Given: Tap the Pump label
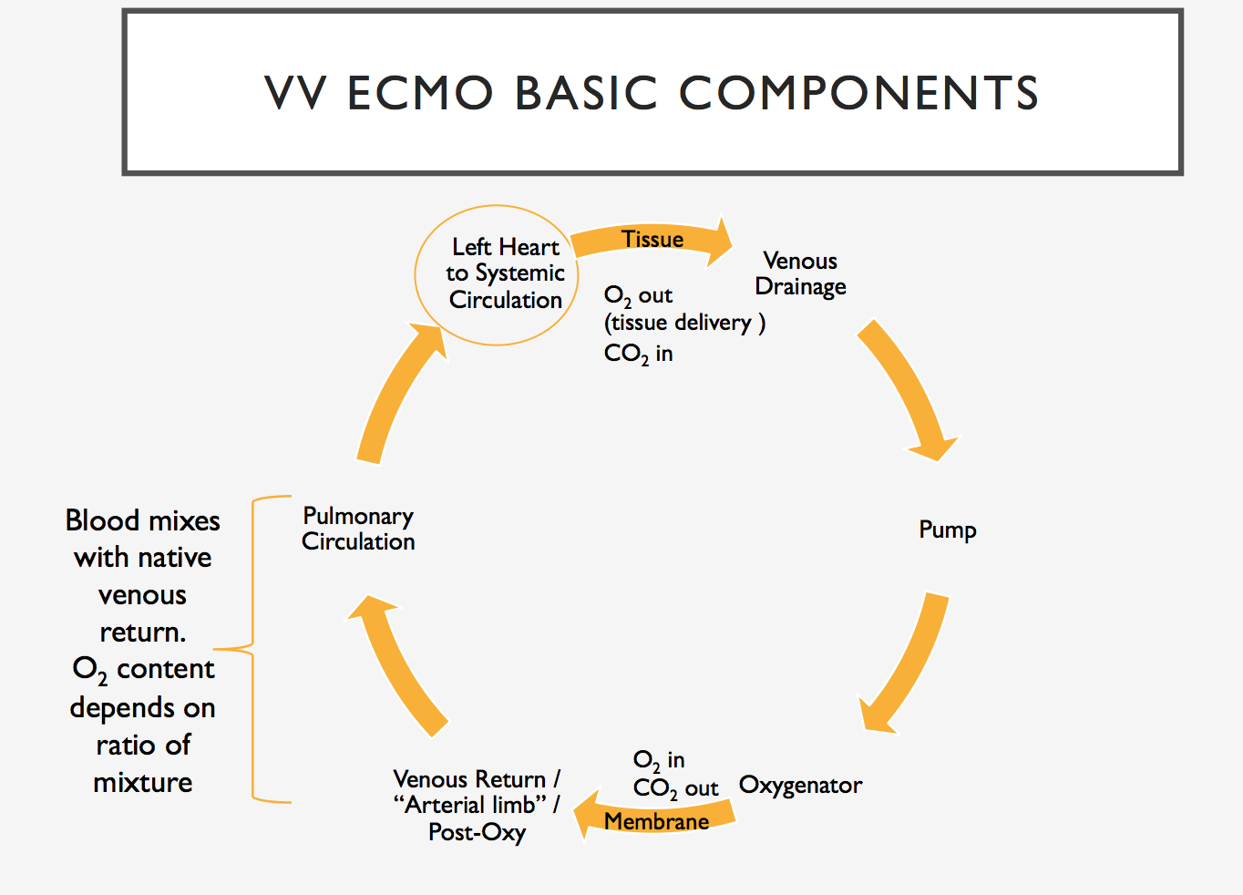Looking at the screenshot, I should (947, 530).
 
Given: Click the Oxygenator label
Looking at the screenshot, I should (800, 785).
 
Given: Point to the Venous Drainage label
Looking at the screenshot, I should (800, 273).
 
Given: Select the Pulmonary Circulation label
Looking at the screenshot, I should (358, 529).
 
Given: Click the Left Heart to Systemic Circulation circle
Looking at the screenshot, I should (497, 274).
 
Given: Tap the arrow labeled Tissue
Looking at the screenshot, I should (652, 239).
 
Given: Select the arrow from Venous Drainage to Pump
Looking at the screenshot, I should (907, 387).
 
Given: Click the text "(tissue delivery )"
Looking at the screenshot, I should (684, 323).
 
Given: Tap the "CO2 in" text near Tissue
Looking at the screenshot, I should (638, 354).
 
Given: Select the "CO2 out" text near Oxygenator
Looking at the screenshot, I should (675, 788).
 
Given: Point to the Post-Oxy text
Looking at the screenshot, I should (477, 832).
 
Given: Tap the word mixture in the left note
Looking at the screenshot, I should (143, 782).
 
